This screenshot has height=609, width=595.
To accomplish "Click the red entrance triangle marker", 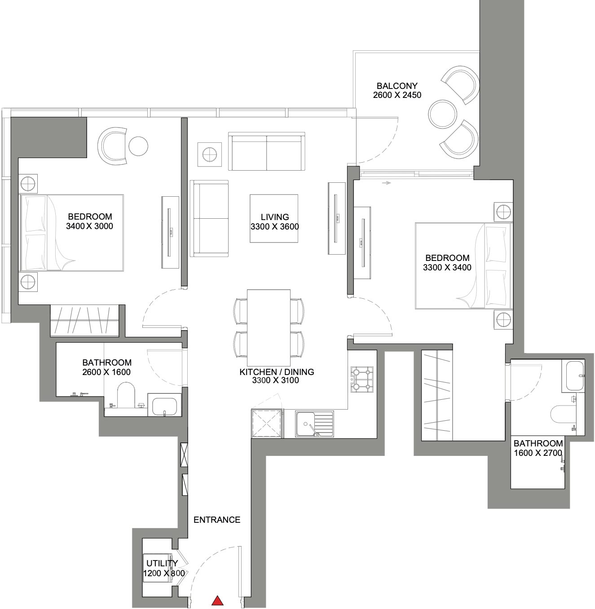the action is point(217,600).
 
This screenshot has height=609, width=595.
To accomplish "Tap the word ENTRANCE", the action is point(217,520).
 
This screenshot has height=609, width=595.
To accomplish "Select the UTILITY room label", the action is point(162,563).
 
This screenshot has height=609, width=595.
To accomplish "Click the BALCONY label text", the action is point(397,85).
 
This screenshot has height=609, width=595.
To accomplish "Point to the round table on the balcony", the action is point(443,114).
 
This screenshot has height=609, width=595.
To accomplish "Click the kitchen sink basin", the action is point(306,424).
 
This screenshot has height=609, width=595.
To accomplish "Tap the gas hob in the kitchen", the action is point(362,380).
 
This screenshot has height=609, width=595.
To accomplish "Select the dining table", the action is point(269,327).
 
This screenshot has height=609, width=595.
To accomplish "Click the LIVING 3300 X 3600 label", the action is point(275,221).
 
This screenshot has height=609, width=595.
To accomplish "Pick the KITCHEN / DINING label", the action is point(277,372).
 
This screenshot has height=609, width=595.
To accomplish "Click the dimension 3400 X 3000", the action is point(89,226).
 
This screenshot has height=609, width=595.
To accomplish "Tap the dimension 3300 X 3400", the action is point(447,267).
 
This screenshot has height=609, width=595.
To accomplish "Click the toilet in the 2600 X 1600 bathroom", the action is point(126,395).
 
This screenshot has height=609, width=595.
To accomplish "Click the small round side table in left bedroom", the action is point(138,146).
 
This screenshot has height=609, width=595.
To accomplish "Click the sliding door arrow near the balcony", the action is point(387,183).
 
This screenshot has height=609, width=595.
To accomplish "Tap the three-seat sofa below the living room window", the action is point(267,151).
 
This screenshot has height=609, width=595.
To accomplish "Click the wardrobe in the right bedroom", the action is point(437,395).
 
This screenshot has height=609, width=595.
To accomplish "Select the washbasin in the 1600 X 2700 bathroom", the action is point(573,376).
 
